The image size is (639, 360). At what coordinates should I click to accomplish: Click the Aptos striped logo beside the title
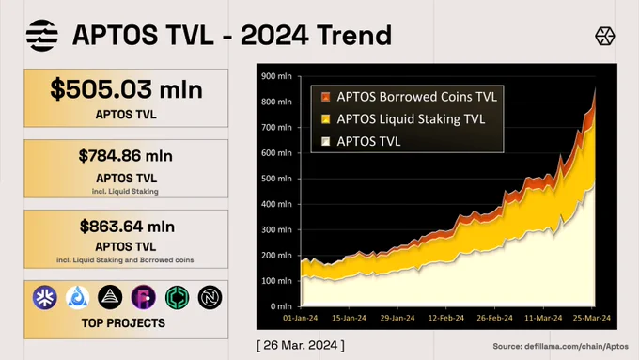(x=42, y=36)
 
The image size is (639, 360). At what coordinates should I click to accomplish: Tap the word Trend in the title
(x=354, y=35)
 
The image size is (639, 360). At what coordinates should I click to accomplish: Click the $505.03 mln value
(x=126, y=89)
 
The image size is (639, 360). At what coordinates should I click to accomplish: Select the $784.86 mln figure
(x=126, y=156)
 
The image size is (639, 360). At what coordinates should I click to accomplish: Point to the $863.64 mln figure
(x=127, y=227)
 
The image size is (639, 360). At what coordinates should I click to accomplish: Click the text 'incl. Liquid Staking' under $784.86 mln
(x=125, y=191)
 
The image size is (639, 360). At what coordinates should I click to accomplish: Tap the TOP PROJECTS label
(x=123, y=323)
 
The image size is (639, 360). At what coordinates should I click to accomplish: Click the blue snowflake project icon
(x=44, y=297)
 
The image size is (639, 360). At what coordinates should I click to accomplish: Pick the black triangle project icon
(x=110, y=297)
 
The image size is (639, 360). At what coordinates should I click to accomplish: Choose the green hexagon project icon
(x=177, y=297)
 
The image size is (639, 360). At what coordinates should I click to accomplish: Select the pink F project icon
(x=144, y=297)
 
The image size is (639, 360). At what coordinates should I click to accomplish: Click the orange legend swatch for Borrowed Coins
(x=326, y=97)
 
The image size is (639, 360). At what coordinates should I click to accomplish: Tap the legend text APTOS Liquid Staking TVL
(x=411, y=119)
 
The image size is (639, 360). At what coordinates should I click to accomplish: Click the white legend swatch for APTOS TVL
(x=326, y=142)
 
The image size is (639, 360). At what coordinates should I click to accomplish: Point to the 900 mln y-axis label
(x=276, y=76)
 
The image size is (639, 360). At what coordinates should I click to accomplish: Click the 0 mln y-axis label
(x=281, y=306)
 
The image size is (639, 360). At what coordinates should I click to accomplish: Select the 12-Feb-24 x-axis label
(x=445, y=318)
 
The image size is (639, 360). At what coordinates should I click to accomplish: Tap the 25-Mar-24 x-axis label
(x=592, y=318)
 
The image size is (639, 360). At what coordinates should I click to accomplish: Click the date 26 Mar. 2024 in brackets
(x=301, y=345)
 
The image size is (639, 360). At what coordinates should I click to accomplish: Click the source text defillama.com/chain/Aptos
(x=576, y=346)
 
